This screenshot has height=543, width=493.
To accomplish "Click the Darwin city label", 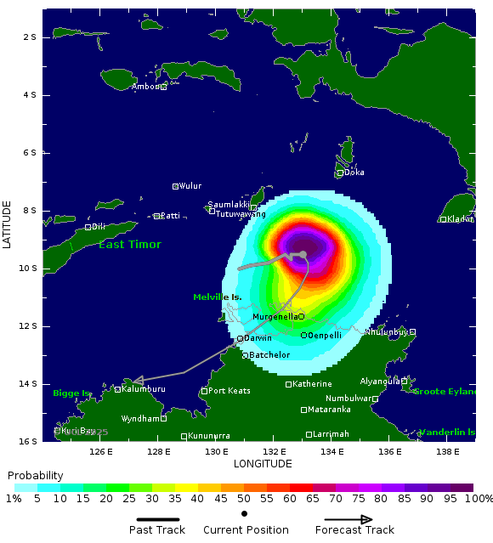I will (x=258, y=338).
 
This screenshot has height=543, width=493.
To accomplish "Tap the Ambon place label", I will (x=145, y=87).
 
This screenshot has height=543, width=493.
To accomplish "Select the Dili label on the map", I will (x=99, y=227).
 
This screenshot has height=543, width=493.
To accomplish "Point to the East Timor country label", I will (x=129, y=245).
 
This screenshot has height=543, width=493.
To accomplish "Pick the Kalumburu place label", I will (x=143, y=389).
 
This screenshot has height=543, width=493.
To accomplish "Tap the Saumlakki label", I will (x=228, y=205).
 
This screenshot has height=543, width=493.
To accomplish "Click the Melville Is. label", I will (x=218, y=297).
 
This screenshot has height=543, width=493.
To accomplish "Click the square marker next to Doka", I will (x=340, y=173).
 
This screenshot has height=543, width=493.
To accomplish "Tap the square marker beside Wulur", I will (x=175, y=186).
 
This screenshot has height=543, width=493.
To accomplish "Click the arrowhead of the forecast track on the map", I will (x=137, y=381).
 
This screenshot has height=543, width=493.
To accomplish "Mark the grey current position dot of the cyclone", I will (x=303, y=254).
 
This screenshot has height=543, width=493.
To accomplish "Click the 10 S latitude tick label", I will (x=30, y=269).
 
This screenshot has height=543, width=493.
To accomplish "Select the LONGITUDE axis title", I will (x=262, y=463).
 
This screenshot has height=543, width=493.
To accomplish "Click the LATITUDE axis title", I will (x=8, y=224).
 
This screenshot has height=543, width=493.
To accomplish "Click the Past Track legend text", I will (x=157, y=530).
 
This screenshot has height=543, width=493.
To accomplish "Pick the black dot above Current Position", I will (x=244, y=514).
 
